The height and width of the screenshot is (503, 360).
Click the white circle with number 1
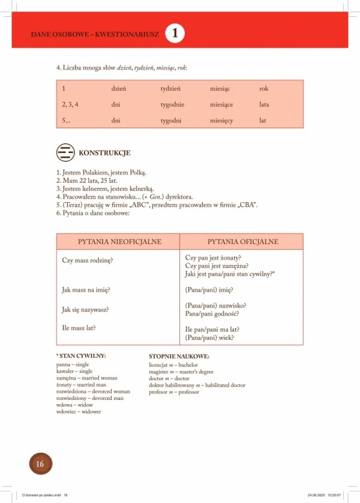tap(175, 34)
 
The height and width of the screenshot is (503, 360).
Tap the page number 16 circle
tap(40, 463)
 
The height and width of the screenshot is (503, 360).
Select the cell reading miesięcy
tap(221, 121)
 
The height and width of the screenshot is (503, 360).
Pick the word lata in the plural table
tap(264, 105)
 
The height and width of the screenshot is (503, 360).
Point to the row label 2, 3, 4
tap(70, 105)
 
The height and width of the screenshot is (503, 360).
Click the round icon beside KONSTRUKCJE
tap(65, 153)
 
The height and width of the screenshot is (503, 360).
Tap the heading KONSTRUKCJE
tap(104, 153)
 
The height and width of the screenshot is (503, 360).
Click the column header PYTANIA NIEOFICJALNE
tap(119, 242)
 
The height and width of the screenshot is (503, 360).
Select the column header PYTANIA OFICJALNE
tap(242, 242)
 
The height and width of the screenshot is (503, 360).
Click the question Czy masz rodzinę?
tap(88, 260)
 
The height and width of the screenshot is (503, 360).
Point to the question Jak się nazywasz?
tap(89, 310)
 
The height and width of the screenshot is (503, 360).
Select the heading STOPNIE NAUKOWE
tap(179, 356)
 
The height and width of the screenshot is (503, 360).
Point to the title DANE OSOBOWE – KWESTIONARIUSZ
tap(95, 34)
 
